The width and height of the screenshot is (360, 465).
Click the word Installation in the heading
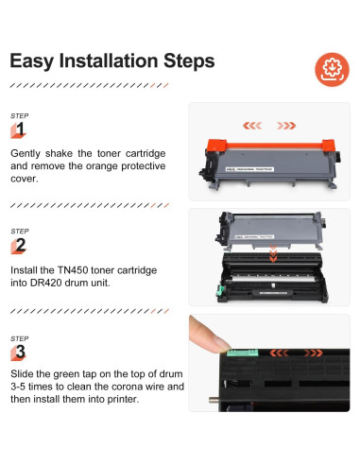(x=108, y=60)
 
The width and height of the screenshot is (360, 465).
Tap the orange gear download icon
(x=332, y=69)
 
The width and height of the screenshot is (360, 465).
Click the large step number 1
(x=20, y=129)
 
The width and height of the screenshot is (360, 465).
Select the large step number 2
(x=21, y=245)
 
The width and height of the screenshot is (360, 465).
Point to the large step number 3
(x=21, y=352)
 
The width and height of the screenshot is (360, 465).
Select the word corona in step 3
(x=128, y=387)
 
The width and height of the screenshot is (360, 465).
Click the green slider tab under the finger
(x=243, y=353)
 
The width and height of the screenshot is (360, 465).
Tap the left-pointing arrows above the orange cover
(x=252, y=126)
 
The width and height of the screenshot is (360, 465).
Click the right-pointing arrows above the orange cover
(x=286, y=126)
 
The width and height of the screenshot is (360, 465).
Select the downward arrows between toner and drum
(x=273, y=254)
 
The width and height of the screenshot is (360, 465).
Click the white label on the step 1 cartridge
(x=249, y=169)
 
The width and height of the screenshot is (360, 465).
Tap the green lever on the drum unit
(x=220, y=290)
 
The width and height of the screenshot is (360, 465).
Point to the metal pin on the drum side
(x=214, y=400)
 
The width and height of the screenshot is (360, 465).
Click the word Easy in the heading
(x=32, y=61)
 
